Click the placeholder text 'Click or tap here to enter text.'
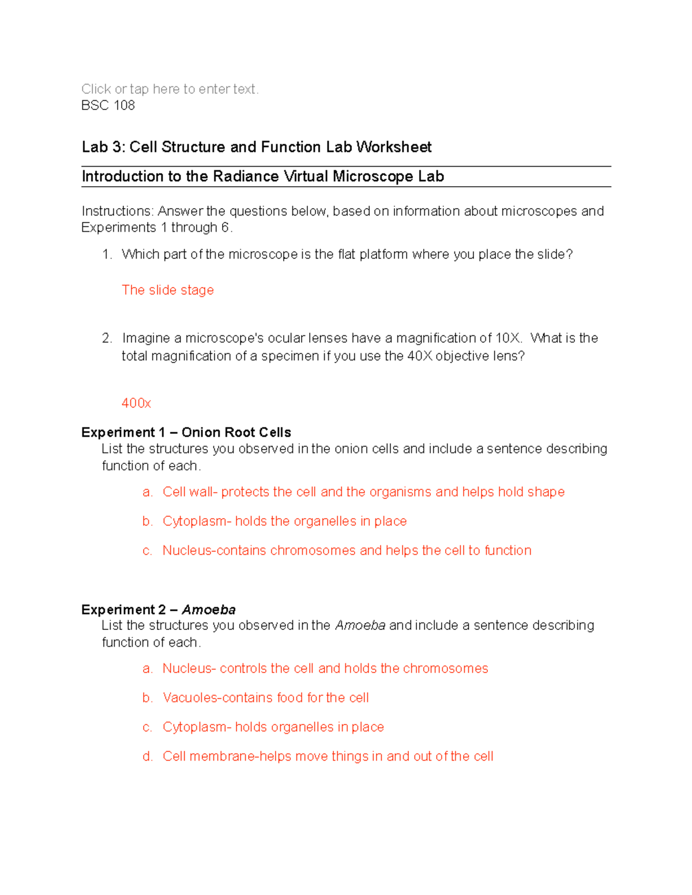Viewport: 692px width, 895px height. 170,89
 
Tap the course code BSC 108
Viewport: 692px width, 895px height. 108,105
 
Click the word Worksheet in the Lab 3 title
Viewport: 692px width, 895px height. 394,148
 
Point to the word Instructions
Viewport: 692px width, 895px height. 117,212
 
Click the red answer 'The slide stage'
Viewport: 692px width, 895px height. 168,290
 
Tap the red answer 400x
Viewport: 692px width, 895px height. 136,403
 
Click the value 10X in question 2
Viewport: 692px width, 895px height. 508,338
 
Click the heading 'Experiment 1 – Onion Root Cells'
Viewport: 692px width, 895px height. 186,432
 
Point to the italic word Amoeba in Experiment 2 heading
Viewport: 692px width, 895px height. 209,610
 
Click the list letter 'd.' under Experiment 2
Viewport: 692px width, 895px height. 148,757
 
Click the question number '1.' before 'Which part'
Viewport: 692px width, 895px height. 107,255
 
